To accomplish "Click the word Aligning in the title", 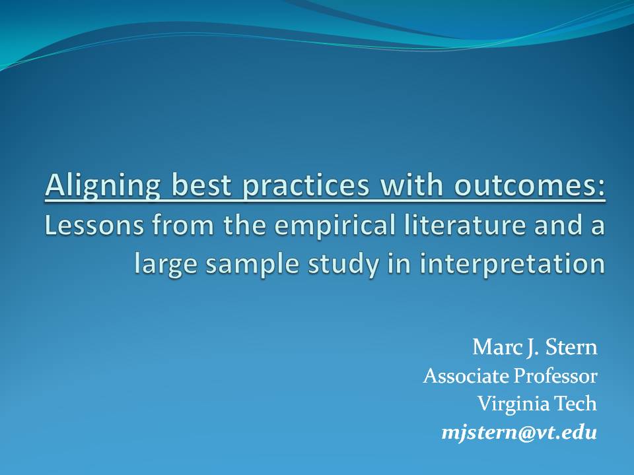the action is point(103,186).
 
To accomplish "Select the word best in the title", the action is point(201,185).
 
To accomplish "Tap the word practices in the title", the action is point(306,186).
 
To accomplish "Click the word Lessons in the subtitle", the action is point(94,225).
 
